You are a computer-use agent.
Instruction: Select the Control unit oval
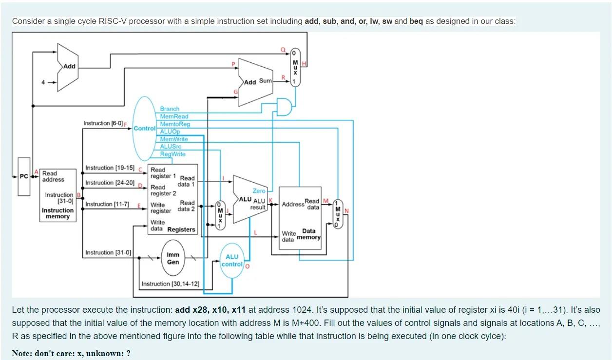click(145, 129)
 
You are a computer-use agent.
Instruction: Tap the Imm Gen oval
click(173, 258)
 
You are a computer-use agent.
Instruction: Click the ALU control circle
click(232, 261)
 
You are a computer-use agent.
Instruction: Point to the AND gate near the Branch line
click(284, 106)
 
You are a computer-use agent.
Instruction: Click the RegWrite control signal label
click(172, 154)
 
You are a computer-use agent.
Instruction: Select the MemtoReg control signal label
click(175, 124)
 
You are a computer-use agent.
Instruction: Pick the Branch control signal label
click(170, 109)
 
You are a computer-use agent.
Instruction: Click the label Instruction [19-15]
click(110, 168)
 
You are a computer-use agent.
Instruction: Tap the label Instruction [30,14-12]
click(170, 284)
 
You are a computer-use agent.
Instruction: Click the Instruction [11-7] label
click(107, 204)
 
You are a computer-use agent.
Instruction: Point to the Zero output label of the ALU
click(259, 191)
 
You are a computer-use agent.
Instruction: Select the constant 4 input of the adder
click(43, 82)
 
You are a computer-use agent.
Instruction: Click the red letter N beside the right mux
click(346, 210)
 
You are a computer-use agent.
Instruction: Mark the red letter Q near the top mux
click(283, 50)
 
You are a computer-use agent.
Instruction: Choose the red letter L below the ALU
click(255, 232)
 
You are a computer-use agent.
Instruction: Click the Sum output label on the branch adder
click(265, 81)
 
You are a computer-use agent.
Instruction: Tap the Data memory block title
click(309, 234)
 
